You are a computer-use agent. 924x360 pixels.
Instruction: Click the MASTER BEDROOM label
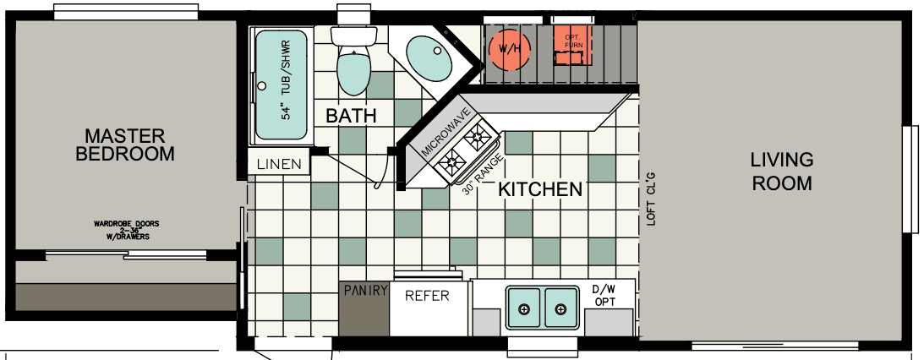click(x=125, y=145)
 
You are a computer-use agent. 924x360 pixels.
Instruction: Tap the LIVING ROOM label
click(x=781, y=171)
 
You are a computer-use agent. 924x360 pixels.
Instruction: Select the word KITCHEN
click(x=540, y=189)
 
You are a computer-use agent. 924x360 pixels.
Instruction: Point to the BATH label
click(x=351, y=116)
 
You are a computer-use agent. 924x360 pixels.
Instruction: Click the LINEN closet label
click(x=279, y=164)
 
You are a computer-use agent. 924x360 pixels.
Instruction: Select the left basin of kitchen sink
click(x=524, y=308)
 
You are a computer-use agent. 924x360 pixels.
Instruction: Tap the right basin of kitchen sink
click(x=560, y=308)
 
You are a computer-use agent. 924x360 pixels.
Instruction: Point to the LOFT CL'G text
click(x=651, y=198)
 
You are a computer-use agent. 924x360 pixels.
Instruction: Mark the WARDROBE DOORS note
click(x=127, y=230)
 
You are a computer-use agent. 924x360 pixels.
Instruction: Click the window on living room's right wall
click(x=910, y=178)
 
